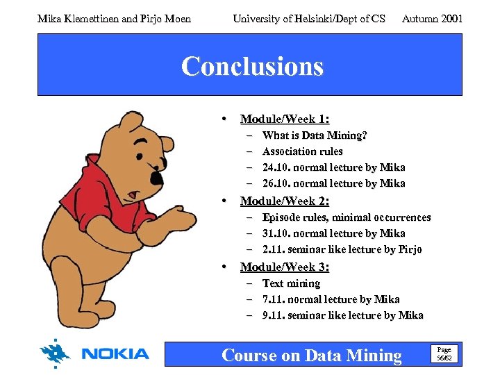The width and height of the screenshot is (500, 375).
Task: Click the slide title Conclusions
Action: (x=252, y=67)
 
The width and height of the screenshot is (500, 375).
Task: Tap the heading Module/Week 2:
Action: (x=284, y=201)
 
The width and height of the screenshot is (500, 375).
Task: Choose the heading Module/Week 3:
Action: (x=284, y=267)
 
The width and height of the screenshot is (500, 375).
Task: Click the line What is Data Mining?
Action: (x=315, y=135)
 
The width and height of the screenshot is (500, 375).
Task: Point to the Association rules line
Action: (x=302, y=151)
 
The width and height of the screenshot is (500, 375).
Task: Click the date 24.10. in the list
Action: (x=276, y=167)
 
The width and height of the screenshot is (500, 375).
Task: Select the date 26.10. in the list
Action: (x=276, y=183)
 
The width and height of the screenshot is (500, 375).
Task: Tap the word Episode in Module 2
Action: (x=281, y=217)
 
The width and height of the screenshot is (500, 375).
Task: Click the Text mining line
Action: (x=291, y=283)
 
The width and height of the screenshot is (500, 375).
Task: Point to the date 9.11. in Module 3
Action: (x=274, y=315)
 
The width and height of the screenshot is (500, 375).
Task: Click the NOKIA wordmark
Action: (x=115, y=354)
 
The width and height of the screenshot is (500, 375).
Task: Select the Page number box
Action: (x=443, y=354)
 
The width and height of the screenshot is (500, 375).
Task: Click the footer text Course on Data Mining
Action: (x=311, y=356)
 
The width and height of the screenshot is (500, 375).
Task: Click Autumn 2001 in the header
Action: (x=432, y=19)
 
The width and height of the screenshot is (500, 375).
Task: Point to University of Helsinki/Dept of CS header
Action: (x=309, y=19)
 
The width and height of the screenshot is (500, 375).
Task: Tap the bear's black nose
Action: (x=156, y=178)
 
